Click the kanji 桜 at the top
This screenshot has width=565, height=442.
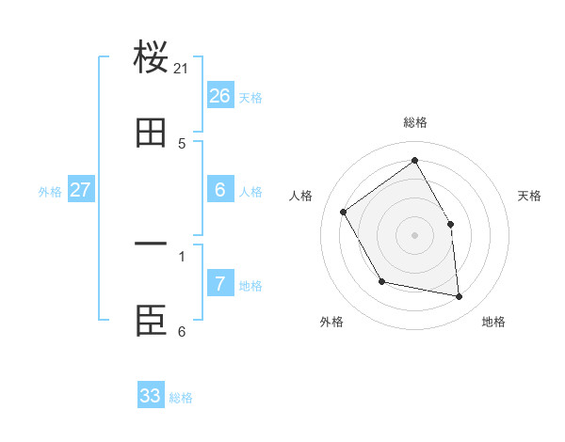pyautogui.click(x=151, y=57)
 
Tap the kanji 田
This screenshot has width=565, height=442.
pyautogui.click(x=151, y=134)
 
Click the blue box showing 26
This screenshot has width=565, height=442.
pyautogui.click(x=220, y=95)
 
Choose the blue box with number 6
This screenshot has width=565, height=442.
pyautogui.click(x=220, y=189)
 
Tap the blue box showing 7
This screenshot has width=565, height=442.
pyautogui.click(x=220, y=283)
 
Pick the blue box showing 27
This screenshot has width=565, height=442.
pyautogui.click(x=81, y=189)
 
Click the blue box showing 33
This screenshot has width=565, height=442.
pyautogui.click(x=151, y=395)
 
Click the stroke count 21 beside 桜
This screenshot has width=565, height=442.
pyautogui.click(x=182, y=69)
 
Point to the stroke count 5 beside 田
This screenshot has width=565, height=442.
pyautogui.click(x=182, y=144)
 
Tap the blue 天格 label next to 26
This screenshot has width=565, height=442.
pyautogui.click(x=250, y=98)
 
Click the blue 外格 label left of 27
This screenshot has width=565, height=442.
pyautogui.click(x=50, y=192)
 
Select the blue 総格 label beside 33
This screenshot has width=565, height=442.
pyautogui.click(x=181, y=398)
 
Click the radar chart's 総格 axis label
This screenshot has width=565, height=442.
pyautogui.click(x=415, y=122)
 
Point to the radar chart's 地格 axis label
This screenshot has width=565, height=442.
pyautogui.click(x=493, y=322)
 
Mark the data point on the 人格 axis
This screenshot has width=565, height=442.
pyautogui.click(x=344, y=212)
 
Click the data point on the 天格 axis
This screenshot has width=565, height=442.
pyautogui.click(x=450, y=224)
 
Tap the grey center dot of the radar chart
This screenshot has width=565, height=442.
pyautogui.click(x=415, y=235)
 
